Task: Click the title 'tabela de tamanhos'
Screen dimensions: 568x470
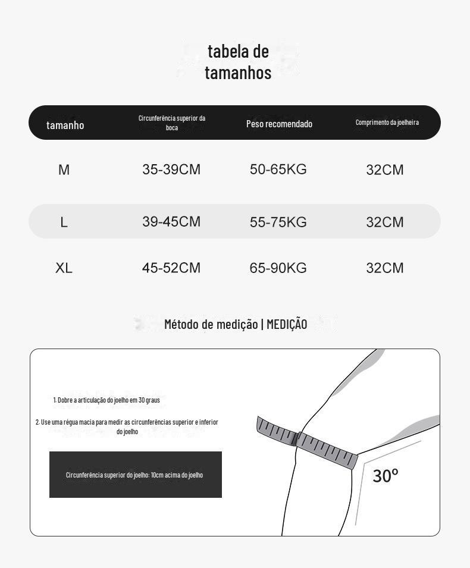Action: tap(238, 61)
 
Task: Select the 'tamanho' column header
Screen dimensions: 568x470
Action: tap(65, 125)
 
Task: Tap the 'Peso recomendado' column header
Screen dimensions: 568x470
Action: tap(279, 124)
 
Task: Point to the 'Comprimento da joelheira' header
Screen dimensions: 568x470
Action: tap(387, 123)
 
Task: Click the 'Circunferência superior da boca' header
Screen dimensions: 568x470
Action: tap(172, 123)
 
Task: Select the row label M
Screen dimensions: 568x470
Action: tap(64, 170)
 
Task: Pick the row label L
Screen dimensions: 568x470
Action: tap(64, 222)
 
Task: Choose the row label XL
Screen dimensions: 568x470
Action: tap(64, 268)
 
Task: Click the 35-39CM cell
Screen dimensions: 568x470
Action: tap(171, 170)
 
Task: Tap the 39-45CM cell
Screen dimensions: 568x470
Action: tap(171, 222)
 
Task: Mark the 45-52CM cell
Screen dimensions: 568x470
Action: tap(171, 268)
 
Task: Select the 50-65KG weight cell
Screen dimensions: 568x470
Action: tap(278, 170)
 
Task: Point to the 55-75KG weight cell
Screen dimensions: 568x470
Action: tap(278, 222)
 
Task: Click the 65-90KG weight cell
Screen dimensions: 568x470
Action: tap(278, 268)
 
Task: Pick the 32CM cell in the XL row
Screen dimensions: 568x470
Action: tap(385, 268)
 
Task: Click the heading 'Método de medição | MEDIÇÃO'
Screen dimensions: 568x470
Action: tap(236, 324)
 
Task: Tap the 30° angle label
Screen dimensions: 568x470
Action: tap(386, 476)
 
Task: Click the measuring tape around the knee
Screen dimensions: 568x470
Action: tap(306, 443)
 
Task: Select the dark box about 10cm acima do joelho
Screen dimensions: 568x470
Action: tap(135, 475)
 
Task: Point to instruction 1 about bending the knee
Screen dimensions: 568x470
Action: tap(106, 400)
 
